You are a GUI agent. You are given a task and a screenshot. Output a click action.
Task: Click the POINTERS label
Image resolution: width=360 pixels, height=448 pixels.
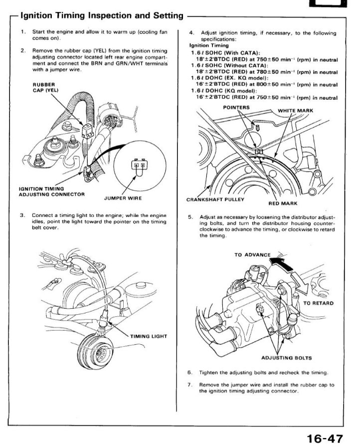tap(236, 107)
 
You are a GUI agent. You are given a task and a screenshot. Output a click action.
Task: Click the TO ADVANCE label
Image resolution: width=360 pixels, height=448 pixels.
tap(252, 255)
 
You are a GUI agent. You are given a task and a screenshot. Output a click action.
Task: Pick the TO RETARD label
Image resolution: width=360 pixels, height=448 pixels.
tap(318, 303)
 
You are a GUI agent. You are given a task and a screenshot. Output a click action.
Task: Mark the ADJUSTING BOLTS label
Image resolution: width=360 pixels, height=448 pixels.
tap(286, 357)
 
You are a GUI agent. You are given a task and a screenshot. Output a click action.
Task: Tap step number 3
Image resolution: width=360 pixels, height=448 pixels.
tap(23, 215)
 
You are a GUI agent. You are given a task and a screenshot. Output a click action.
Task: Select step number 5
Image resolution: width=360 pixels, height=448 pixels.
tap(190, 217)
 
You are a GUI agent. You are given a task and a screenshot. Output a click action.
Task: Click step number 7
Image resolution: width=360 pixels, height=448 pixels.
tap(190, 385)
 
